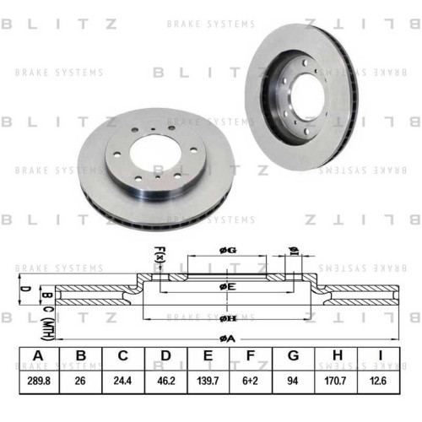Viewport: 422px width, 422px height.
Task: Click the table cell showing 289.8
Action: [x=39, y=381]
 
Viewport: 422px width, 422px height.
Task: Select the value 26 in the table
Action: [x=80, y=381]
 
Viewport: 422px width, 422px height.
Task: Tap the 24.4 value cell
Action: [x=122, y=381]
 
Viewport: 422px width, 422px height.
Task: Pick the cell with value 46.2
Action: [x=166, y=381]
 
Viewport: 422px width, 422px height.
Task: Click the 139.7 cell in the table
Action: [x=208, y=381]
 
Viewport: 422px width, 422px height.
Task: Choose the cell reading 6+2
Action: [x=250, y=381]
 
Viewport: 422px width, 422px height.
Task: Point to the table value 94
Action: [x=293, y=381]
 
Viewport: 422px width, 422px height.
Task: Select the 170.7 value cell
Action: [x=335, y=381]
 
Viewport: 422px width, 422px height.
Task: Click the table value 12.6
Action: [x=378, y=381]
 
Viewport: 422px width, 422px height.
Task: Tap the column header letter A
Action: [x=38, y=355]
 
